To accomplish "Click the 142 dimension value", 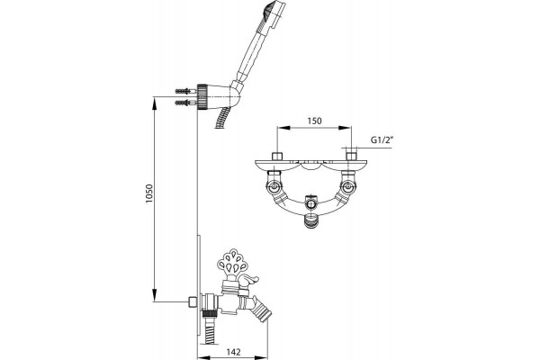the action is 233,352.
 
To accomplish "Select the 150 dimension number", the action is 314,121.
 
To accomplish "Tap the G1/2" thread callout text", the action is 382,140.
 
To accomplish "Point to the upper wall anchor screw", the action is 185,92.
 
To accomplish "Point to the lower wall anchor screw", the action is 185,103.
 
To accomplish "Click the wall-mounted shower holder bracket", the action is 219,95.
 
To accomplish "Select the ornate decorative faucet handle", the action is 231,263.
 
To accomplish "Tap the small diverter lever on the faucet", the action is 248,281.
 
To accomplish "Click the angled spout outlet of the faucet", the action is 260,310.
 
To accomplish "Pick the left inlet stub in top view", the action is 277,156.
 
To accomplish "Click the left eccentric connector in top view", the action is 274,187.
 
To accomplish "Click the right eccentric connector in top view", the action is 348,187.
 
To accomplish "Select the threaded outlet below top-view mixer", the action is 311,220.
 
